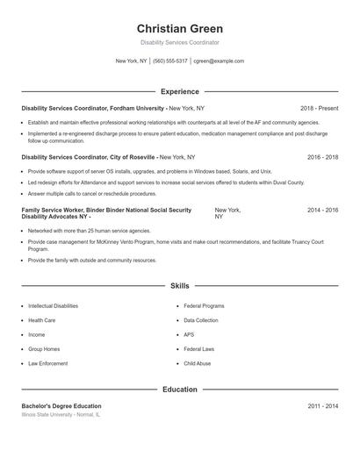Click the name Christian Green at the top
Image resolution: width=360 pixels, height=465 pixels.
tap(179, 28)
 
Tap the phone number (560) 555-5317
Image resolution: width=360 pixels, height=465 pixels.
tap(169, 61)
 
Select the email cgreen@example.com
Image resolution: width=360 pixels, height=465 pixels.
tap(219, 61)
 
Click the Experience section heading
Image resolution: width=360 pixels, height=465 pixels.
tap(179, 91)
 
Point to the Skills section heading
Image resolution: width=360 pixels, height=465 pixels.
tap(179, 286)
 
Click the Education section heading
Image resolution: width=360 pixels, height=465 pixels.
tap(179, 389)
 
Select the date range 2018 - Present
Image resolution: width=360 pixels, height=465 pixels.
tap(319, 108)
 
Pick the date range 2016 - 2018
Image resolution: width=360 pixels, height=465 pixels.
tap(322, 157)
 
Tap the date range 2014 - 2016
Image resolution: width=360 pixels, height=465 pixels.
tap(322, 211)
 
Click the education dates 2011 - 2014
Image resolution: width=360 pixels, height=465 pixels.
tap(322, 406)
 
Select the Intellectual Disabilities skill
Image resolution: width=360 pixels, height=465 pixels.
tap(53, 306)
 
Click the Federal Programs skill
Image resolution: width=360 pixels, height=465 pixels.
tap(204, 306)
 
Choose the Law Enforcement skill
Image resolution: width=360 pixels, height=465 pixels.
tap(47, 362)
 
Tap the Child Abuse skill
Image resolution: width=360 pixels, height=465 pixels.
tap(197, 362)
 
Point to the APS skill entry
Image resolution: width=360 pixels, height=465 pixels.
tap(189, 334)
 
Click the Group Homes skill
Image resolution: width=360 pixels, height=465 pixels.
tap(43, 348)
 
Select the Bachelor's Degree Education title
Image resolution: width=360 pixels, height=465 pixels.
tap(61, 406)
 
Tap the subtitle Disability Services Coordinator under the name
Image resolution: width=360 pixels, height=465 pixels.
tap(179, 42)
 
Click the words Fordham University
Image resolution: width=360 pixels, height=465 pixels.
tap(136, 108)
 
